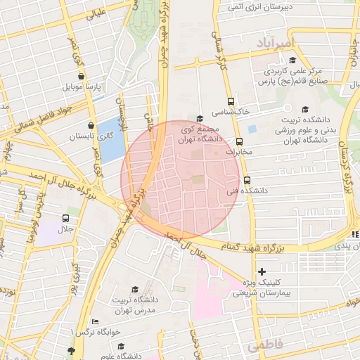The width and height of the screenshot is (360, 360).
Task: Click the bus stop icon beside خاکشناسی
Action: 231,101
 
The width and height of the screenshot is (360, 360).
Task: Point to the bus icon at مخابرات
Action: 239,141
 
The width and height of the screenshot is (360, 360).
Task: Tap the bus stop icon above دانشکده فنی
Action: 246,180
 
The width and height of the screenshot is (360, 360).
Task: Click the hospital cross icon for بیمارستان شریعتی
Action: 262,271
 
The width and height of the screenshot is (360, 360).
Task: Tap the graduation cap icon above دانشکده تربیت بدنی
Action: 305,109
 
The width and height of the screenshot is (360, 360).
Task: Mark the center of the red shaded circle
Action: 181,179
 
